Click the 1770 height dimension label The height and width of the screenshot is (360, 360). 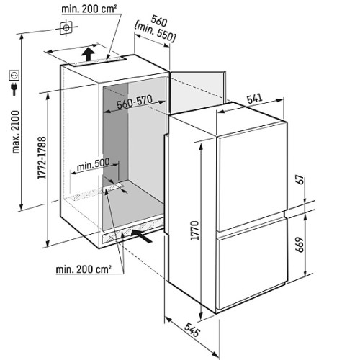(x=195, y=230)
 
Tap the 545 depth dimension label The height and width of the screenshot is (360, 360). (x=192, y=330)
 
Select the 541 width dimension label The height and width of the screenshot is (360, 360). (x=255, y=99)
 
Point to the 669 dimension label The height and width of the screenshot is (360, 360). (x=300, y=245)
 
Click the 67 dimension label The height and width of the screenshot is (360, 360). (x=300, y=180)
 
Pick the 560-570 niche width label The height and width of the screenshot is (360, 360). (x=135, y=102)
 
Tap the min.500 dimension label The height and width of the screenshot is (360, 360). (x=93, y=164)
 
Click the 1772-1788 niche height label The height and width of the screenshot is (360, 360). (x=42, y=158)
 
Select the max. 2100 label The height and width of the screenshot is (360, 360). (x=16, y=132)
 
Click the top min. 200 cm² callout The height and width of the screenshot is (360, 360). (x=89, y=9)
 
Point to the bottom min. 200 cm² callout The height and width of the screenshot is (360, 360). (x=84, y=269)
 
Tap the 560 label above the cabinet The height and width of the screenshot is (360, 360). (x=158, y=22)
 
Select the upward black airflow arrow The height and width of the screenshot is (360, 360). (x=88, y=54)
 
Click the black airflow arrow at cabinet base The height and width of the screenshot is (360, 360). (x=142, y=235)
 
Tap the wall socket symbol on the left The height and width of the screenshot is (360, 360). (x=14, y=76)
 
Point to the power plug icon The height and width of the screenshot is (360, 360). (x=14, y=89)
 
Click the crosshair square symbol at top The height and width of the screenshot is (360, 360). (x=66, y=28)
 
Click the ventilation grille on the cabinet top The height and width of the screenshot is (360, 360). (x=98, y=61)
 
